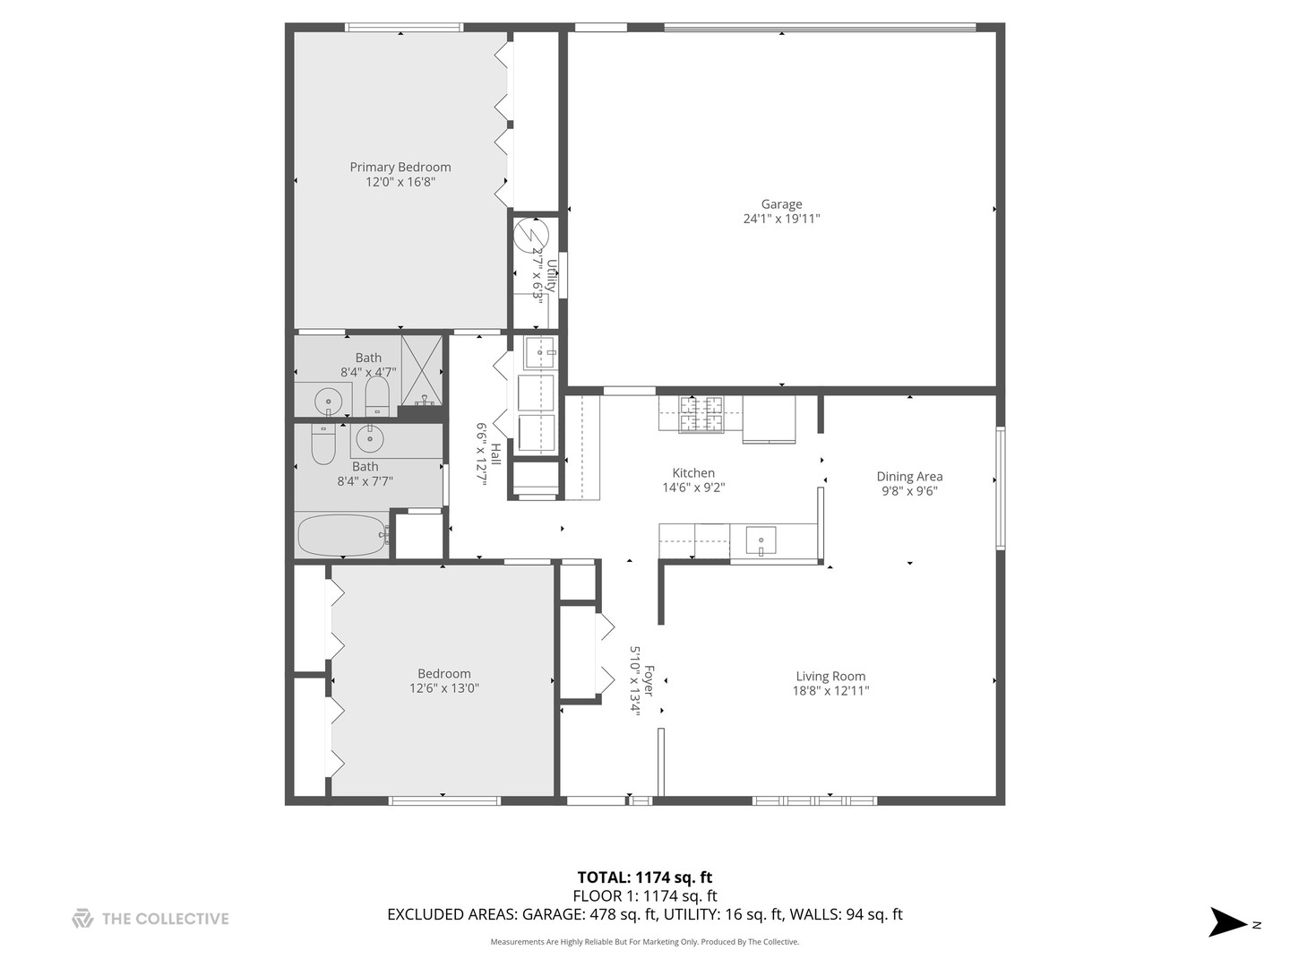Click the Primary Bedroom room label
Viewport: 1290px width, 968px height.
[x=400, y=167]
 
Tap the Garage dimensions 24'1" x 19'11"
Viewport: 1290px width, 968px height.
[x=781, y=219]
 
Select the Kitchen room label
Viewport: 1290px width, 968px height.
[x=693, y=473]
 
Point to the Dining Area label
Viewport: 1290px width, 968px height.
[x=909, y=477]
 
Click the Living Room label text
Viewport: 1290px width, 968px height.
[x=830, y=677]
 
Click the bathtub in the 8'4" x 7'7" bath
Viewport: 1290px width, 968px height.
[x=341, y=535]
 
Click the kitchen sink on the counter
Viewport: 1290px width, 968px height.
[x=761, y=542]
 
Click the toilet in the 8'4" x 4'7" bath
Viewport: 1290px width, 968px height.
[x=376, y=395]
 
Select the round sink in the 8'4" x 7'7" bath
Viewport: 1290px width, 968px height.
[x=369, y=438]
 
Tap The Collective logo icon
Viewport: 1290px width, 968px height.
[x=82, y=918]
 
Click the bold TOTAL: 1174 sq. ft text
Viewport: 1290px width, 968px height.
[x=644, y=877]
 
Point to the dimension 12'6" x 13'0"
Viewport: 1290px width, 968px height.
[x=443, y=689]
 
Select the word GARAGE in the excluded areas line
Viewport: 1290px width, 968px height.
[x=553, y=914]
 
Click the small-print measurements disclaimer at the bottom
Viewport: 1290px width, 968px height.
[x=644, y=942]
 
